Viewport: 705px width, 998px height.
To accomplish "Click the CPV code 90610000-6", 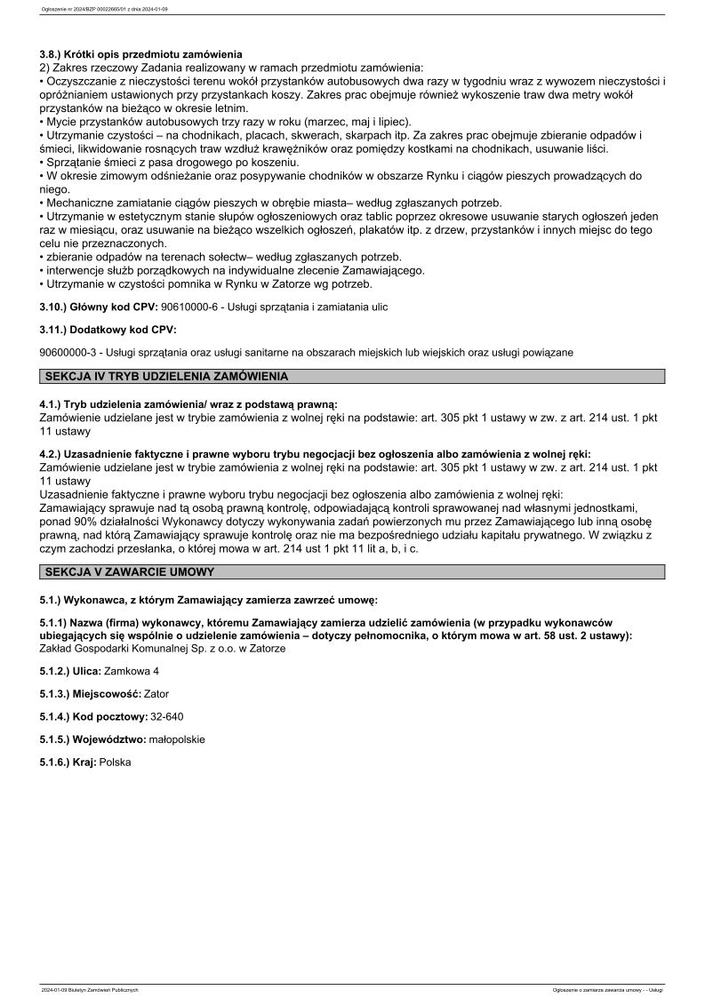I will (x=190, y=307).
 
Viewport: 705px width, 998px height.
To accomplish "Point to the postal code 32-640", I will (x=167, y=715).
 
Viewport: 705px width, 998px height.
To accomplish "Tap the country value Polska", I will (x=115, y=762).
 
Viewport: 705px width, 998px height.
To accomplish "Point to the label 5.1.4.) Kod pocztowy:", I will (x=94, y=715).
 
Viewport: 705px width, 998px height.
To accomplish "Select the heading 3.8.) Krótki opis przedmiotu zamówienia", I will (x=140, y=54).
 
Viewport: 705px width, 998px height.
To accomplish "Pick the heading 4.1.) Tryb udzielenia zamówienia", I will (x=188, y=404).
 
